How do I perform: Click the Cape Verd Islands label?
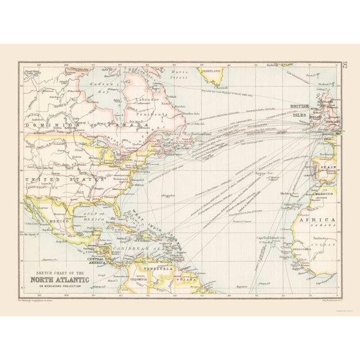264,237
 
